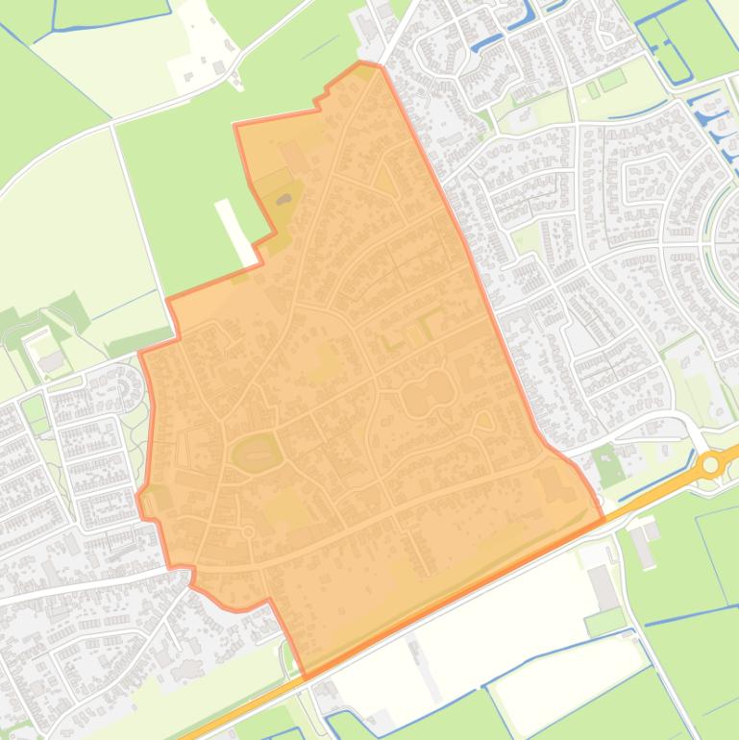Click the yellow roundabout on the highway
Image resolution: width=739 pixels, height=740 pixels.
[x=710, y=465]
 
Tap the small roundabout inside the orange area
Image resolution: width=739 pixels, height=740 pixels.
[x=248, y=531]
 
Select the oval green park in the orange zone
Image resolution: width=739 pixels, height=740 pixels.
[x=255, y=452]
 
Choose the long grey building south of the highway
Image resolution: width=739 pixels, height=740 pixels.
[x=604, y=587]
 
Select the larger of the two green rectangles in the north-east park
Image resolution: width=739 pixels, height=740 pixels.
[x=612, y=78]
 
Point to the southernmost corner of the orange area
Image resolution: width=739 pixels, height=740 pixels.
[x=304, y=677]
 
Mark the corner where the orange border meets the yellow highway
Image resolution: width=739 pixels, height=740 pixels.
[x=603, y=520]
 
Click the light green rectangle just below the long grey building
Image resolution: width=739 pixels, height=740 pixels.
[x=605, y=621]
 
